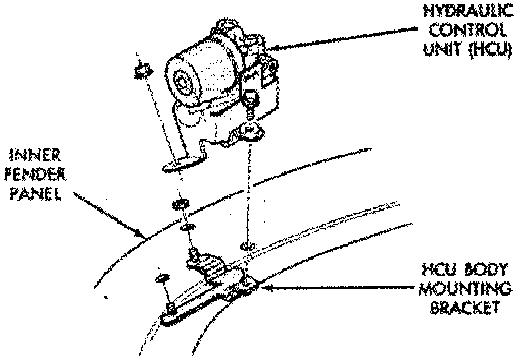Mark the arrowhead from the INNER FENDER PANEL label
141,237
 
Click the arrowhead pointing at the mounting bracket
260,285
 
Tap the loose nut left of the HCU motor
142,69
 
